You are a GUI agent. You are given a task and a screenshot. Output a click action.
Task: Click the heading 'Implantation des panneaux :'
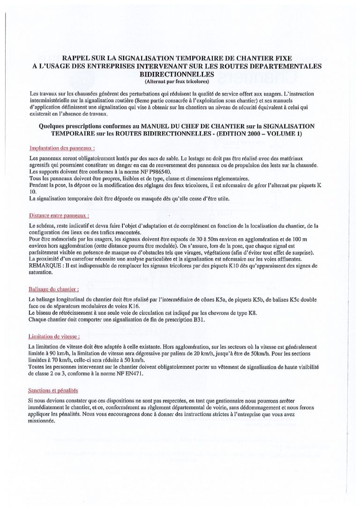tap(62, 148)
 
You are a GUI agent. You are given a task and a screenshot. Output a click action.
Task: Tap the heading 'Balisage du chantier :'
tap(53, 289)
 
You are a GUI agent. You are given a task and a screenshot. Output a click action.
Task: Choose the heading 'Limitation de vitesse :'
tap(54, 336)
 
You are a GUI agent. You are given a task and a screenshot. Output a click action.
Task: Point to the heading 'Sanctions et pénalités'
tap(53, 390)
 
